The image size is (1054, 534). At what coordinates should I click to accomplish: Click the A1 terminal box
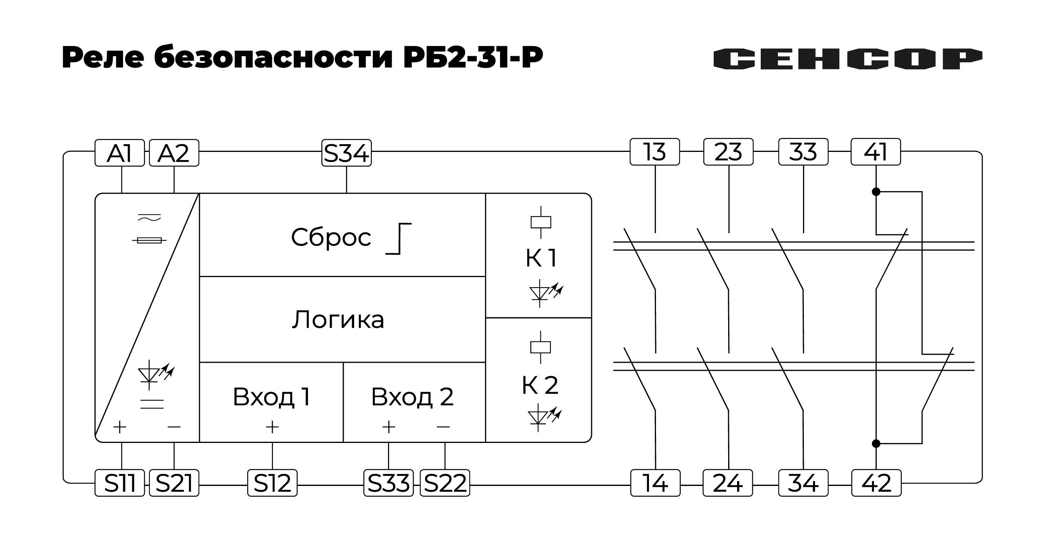click(x=119, y=153)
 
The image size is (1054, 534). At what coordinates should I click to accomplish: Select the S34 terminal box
click(x=346, y=153)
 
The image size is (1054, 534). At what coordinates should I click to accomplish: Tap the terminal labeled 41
click(x=875, y=152)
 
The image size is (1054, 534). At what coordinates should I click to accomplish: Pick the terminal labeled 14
click(x=655, y=483)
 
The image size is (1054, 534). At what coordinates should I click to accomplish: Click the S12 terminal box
click(x=272, y=483)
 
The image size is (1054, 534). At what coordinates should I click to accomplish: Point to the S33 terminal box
click(x=388, y=483)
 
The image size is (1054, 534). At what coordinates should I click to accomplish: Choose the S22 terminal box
click(x=445, y=483)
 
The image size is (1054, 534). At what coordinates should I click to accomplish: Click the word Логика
click(x=338, y=319)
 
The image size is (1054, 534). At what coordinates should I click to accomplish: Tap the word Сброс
click(x=331, y=237)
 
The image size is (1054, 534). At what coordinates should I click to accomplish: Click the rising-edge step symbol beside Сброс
click(x=399, y=239)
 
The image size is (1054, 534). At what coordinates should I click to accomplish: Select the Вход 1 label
click(x=271, y=396)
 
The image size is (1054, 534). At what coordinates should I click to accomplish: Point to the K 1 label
click(x=541, y=258)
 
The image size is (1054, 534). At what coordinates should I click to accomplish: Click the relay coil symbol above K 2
click(x=540, y=347)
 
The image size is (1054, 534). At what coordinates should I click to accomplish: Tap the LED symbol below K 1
click(x=545, y=293)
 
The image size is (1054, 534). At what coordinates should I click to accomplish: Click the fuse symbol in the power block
click(x=149, y=240)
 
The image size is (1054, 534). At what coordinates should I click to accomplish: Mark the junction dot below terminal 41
click(x=876, y=191)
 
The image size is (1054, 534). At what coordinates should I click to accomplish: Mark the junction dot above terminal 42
click(x=876, y=444)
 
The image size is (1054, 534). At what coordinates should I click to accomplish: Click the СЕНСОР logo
click(x=847, y=59)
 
